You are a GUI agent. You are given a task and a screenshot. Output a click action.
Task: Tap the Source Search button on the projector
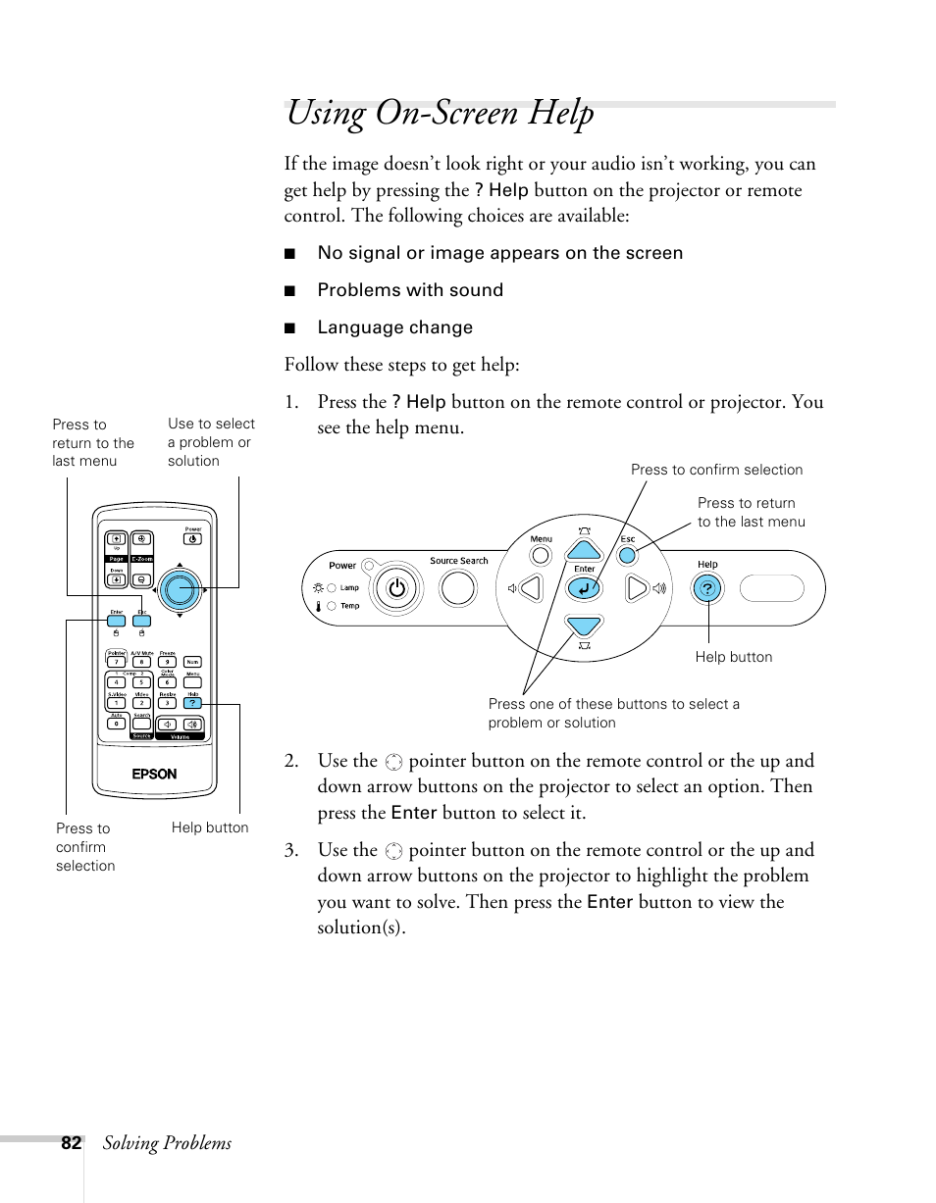(458, 587)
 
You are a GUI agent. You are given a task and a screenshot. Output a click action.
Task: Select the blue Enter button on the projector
(584, 588)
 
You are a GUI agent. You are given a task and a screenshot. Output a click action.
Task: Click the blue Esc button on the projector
(628, 555)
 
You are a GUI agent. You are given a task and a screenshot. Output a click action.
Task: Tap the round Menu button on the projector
(541, 555)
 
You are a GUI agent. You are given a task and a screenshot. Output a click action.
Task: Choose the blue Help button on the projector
(707, 588)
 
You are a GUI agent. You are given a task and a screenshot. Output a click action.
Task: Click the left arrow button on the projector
(530, 588)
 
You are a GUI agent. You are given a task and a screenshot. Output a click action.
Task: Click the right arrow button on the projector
(638, 588)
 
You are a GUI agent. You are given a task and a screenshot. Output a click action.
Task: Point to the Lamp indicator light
(331, 587)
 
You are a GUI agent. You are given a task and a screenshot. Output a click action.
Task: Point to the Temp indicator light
(331, 606)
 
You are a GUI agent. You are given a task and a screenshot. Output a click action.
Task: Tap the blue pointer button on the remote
(179, 588)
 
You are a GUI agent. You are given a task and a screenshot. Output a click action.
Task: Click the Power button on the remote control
(193, 538)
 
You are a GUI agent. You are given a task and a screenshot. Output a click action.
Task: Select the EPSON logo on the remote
(155, 774)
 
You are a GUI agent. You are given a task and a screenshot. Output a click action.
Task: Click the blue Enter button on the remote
(117, 621)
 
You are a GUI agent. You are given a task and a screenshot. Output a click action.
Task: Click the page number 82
(71, 1143)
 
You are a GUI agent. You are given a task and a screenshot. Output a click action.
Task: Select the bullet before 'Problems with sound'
(289, 291)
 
